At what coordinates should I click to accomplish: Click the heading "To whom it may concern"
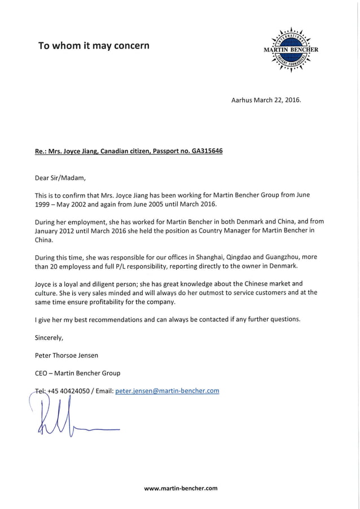(93, 46)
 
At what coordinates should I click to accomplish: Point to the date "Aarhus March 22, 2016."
(266, 100)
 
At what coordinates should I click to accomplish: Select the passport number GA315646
(207, 152)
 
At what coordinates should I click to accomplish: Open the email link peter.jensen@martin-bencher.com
(167, 390)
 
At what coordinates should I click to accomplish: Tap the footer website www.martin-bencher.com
(181, 488)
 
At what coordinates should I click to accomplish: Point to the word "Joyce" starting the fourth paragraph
(45, 283)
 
